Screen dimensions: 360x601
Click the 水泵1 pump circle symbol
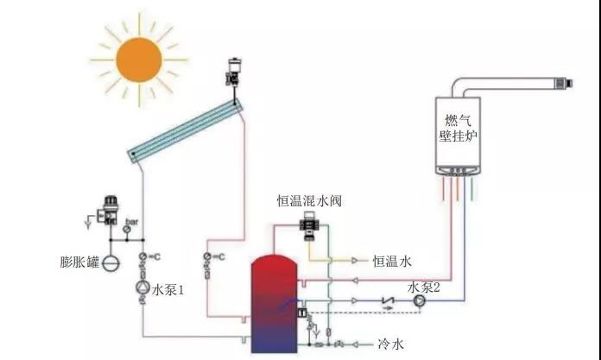[141, 289]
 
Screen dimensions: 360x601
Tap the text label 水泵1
[169, 290]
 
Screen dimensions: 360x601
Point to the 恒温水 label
[392, 260]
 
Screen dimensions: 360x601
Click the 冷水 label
[391, 344]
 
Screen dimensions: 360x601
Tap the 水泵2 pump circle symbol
[419, 301]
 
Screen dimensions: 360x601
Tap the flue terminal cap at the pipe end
[566, 84]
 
